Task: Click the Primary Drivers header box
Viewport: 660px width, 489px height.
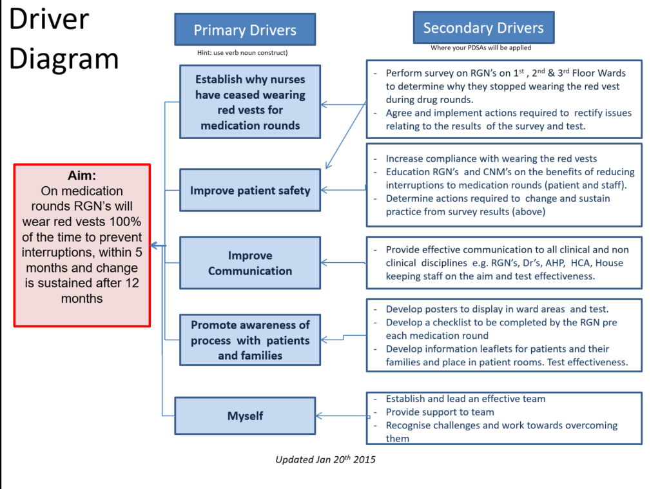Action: coord(245,30)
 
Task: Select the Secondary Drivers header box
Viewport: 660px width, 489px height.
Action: coord(483,28)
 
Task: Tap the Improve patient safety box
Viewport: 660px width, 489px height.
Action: coord(250,190)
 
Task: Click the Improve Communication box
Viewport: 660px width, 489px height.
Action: coord(250,263)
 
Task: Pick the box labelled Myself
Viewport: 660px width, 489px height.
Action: coord(246,416)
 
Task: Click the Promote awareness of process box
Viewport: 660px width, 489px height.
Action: coord(250,340)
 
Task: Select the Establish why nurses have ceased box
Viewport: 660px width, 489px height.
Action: coord(250,102)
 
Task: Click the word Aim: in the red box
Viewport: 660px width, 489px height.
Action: coord(82,175)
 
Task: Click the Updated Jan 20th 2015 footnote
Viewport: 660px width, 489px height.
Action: coord(325,459)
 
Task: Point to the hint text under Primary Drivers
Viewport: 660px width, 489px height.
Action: coord(242,53)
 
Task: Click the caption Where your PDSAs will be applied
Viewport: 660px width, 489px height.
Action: coord(481,48)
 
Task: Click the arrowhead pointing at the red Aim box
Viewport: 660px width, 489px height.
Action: coord(154,245)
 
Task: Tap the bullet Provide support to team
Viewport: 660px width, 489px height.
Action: coord(440,412)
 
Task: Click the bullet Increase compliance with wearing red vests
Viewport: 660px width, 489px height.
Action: coord(491,158)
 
